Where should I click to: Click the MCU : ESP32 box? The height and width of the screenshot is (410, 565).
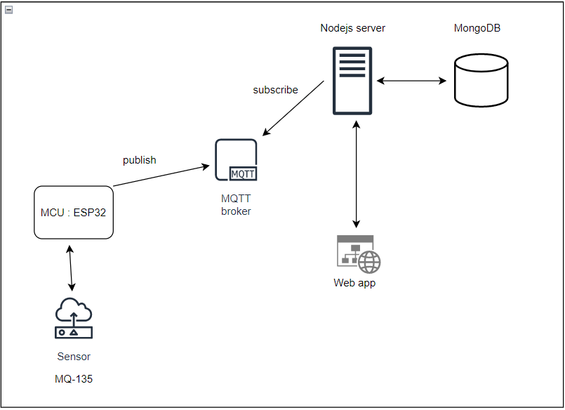point(74,212)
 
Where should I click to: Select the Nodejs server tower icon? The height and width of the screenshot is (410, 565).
point(352,80)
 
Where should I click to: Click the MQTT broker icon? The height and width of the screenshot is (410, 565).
point(236,160)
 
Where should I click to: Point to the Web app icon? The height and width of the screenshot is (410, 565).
point(358,254)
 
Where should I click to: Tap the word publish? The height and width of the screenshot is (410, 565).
point(139,160)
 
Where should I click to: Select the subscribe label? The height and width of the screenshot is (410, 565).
point(275,90)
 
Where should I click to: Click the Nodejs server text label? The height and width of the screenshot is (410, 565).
point(352,28)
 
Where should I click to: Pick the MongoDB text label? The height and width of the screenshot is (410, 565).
point(477,28)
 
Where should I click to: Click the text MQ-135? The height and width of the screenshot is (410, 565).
point(74,379)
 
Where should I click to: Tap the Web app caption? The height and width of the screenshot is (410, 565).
point(354,283)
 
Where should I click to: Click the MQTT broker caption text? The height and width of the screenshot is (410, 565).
point(236,205)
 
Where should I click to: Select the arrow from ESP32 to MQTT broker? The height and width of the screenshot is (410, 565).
point(161,176)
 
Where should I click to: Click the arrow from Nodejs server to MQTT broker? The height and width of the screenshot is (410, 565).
point(293,108)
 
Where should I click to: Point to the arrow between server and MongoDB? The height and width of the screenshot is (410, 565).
point(411,81)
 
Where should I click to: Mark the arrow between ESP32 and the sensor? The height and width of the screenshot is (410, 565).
point(70,267)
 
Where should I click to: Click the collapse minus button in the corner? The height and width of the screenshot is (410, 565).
point(8,9)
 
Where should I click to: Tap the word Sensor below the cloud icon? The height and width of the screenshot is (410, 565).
point(74,357)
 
